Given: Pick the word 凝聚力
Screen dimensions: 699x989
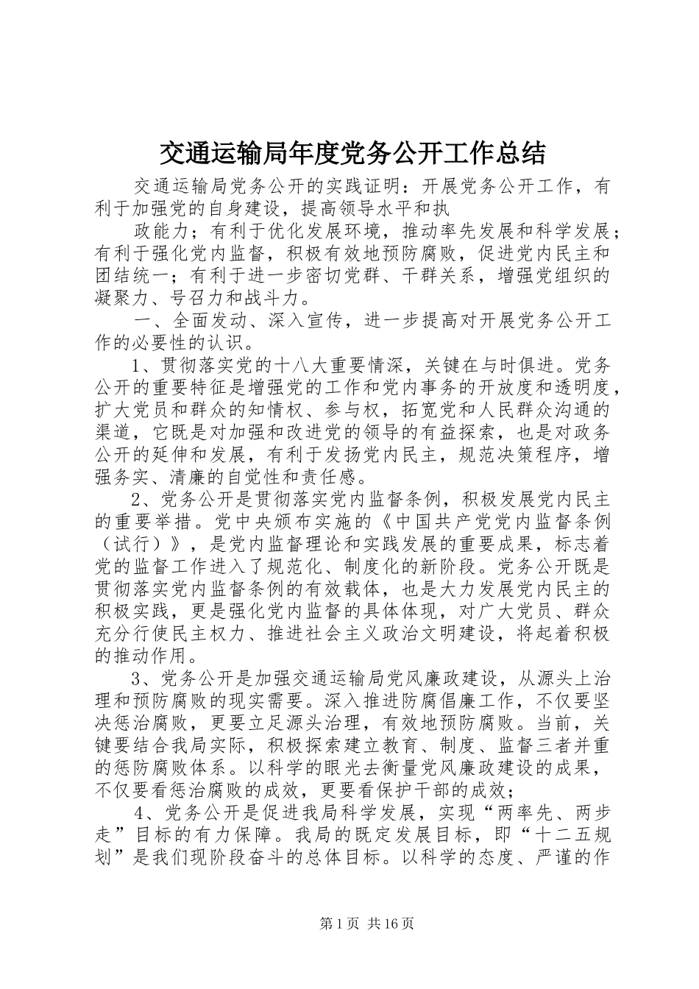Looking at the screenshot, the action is [123, 299].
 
